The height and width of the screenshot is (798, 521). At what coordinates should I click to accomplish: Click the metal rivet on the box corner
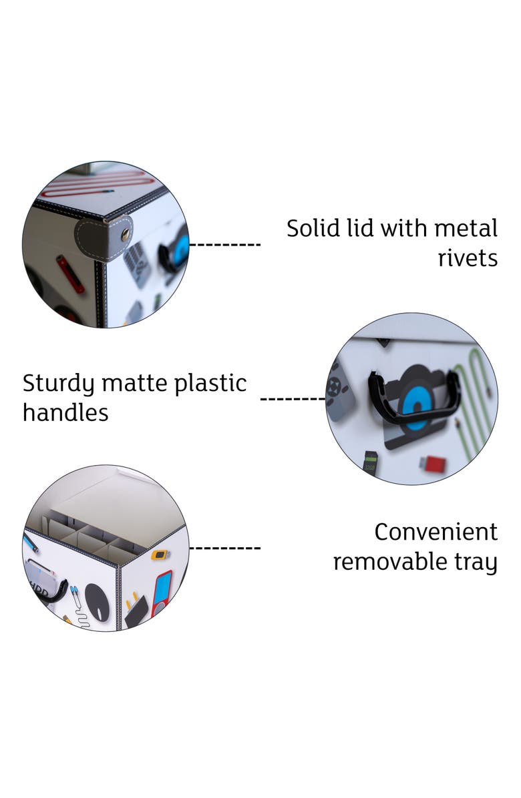124,234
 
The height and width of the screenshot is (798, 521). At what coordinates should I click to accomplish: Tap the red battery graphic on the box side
70,274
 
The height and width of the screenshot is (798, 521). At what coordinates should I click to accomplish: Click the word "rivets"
468,258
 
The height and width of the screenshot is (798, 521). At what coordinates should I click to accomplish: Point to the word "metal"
466,228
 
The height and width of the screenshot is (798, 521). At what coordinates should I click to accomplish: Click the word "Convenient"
436,532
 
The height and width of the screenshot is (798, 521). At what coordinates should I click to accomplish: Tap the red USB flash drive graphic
432,463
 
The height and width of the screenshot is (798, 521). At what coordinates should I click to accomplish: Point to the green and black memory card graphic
370,462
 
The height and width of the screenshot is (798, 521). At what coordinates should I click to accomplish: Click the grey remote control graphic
339,390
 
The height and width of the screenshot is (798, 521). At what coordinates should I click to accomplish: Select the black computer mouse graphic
98,602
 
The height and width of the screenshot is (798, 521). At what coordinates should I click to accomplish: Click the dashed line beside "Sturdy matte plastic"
293,398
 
